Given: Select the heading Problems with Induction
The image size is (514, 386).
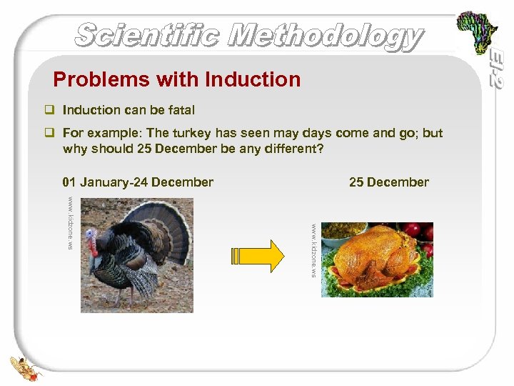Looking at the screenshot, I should (177, 79).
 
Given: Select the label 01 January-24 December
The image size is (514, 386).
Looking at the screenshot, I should (138, 182).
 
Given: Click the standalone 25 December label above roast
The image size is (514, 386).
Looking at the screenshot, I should (388, 182).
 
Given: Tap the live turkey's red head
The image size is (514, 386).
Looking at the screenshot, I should (91, 243).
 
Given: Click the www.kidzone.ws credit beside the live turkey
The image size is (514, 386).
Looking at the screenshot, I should (71, 222).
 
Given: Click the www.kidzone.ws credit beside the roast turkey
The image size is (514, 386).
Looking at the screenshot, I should (313, 249).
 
